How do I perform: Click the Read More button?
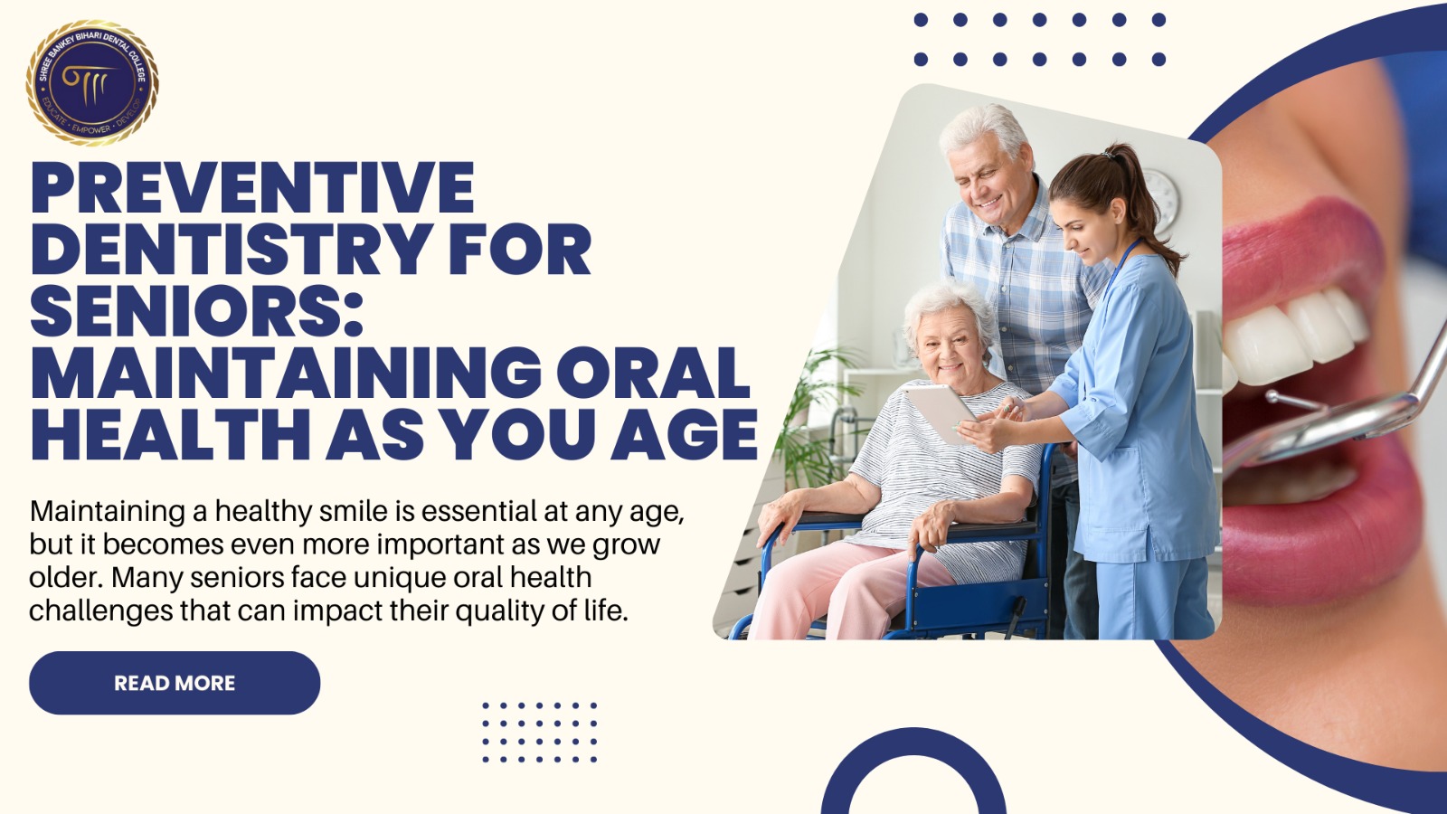tap(175, 683)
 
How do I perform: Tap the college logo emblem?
tap(92, 82)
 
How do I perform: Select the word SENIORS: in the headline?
tap(197, 311)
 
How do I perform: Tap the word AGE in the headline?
tap(684, 435)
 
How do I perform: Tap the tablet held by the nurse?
tap(941, 412)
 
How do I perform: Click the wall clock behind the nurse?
tap(1161, 201)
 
